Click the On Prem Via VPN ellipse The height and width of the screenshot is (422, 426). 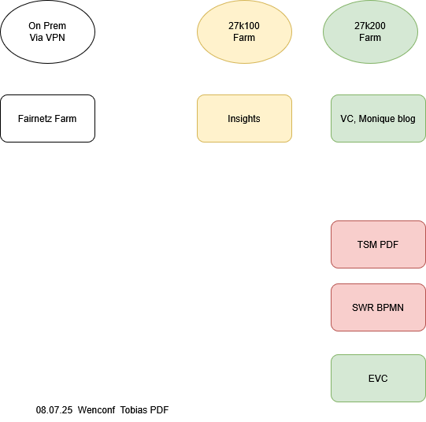47,31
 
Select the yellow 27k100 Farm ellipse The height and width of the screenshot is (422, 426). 244,31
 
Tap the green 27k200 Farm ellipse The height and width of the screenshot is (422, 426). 370,31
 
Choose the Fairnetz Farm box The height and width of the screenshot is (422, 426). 47,118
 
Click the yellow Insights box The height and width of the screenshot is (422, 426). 244,118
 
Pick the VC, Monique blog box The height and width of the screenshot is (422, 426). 378,118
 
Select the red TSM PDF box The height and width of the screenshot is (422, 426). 378,244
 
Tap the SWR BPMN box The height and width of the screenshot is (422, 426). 378,307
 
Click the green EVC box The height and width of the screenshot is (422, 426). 378,378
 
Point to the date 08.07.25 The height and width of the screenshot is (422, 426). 54,410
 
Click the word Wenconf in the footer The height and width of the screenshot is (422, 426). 96,410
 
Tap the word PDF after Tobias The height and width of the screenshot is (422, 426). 159,410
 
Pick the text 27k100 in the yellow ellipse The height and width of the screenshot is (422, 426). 244,26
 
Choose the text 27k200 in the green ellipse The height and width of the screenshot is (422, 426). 370,26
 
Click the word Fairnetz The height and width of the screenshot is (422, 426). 35,119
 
